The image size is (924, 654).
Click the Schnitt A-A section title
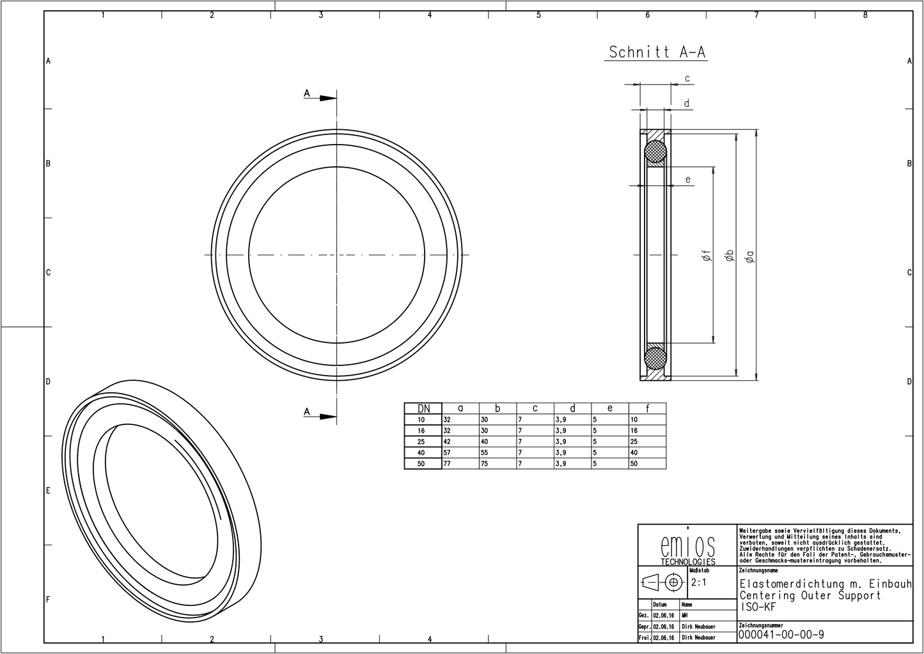pyautogui.click(x=657, y=52)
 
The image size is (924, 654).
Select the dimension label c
pyautogui.click(x=687, y=79)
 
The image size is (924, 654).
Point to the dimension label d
pyautogui.click(x=686, y=103)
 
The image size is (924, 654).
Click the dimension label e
pyautogui.click(x=688, y=179)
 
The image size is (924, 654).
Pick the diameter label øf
pyautogui.click(x=706, y=256)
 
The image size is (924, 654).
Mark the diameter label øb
pyautogui.click(x=728, y=256)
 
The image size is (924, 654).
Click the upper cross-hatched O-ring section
pyautogui.click(x=655, y=152)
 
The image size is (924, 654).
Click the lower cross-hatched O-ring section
pyautogui.click(x=655, y=356)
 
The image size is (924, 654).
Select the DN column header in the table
pyautogui.click(x=423, y=408)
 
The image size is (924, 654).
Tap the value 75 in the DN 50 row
pyautogui.click(x=484, y=463)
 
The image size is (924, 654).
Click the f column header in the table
pyautogui.click(x=647, y=408)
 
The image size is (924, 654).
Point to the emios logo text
pyautogui.click(x=687, y=546)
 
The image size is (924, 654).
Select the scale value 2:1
pyautogui.click(x=698, y=583)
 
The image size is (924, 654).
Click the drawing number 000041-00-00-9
pyautogui.click(x=781, y=634)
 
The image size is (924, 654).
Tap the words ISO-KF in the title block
pyautogui.click(x=757, y=607)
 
